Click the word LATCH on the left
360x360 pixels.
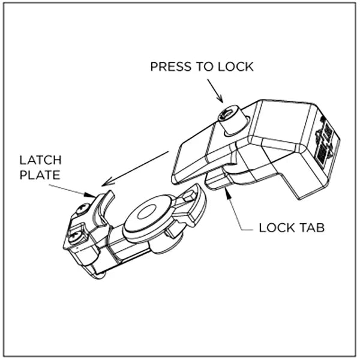click(x=40, y=161)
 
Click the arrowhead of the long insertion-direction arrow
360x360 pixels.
click(x=106, y=182)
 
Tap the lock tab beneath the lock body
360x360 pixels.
click(x=218, y=179)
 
